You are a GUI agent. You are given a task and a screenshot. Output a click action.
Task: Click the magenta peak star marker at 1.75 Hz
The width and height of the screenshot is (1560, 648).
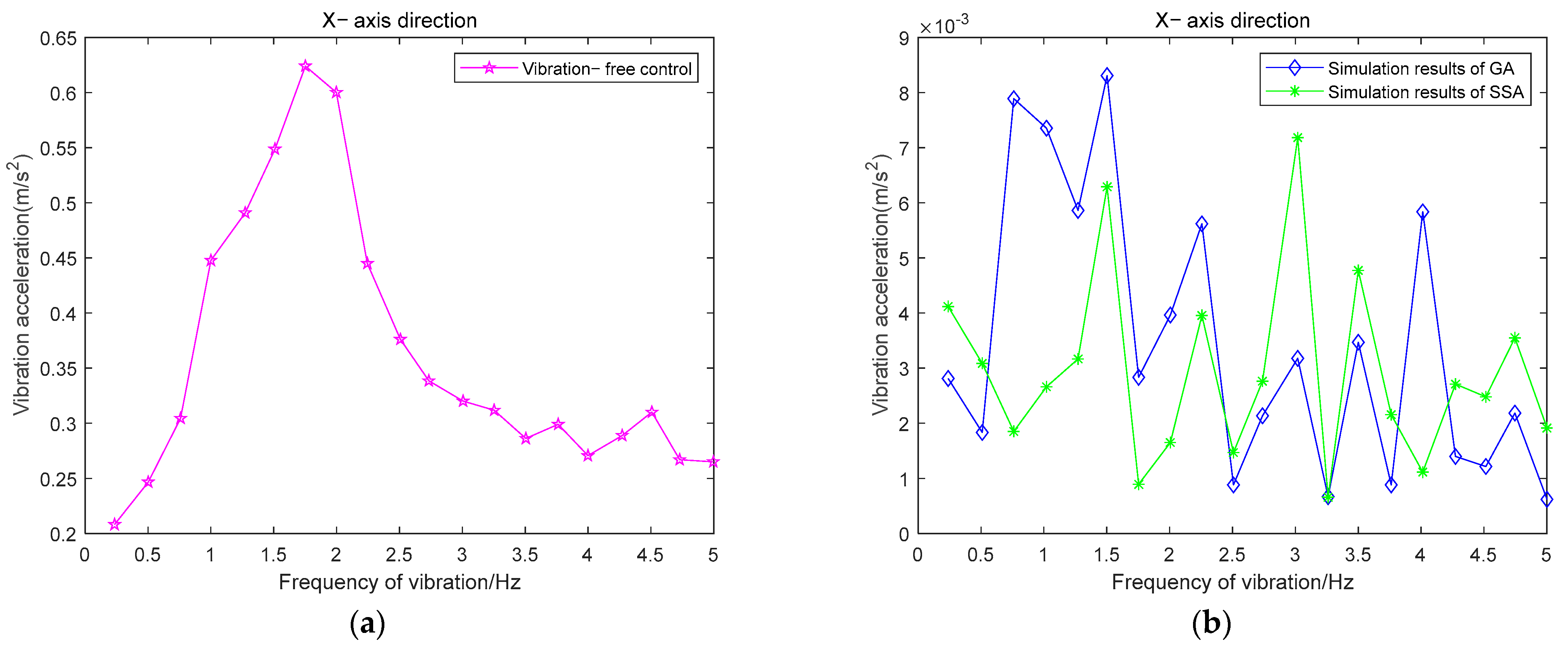305,66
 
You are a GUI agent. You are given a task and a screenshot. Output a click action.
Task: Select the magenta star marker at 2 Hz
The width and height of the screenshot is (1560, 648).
337,92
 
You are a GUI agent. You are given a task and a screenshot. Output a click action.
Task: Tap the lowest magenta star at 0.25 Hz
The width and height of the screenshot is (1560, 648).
115,525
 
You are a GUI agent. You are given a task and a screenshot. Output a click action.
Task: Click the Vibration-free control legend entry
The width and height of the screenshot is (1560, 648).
605,69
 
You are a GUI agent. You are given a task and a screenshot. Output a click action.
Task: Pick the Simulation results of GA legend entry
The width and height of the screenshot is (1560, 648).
1420,68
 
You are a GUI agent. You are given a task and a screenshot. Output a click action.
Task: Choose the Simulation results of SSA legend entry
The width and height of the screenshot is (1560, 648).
1425,92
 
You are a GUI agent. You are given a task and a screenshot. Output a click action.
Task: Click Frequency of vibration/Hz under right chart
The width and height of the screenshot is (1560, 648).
1233,582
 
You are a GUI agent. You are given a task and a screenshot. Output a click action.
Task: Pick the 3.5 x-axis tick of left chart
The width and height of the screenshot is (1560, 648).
525,555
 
